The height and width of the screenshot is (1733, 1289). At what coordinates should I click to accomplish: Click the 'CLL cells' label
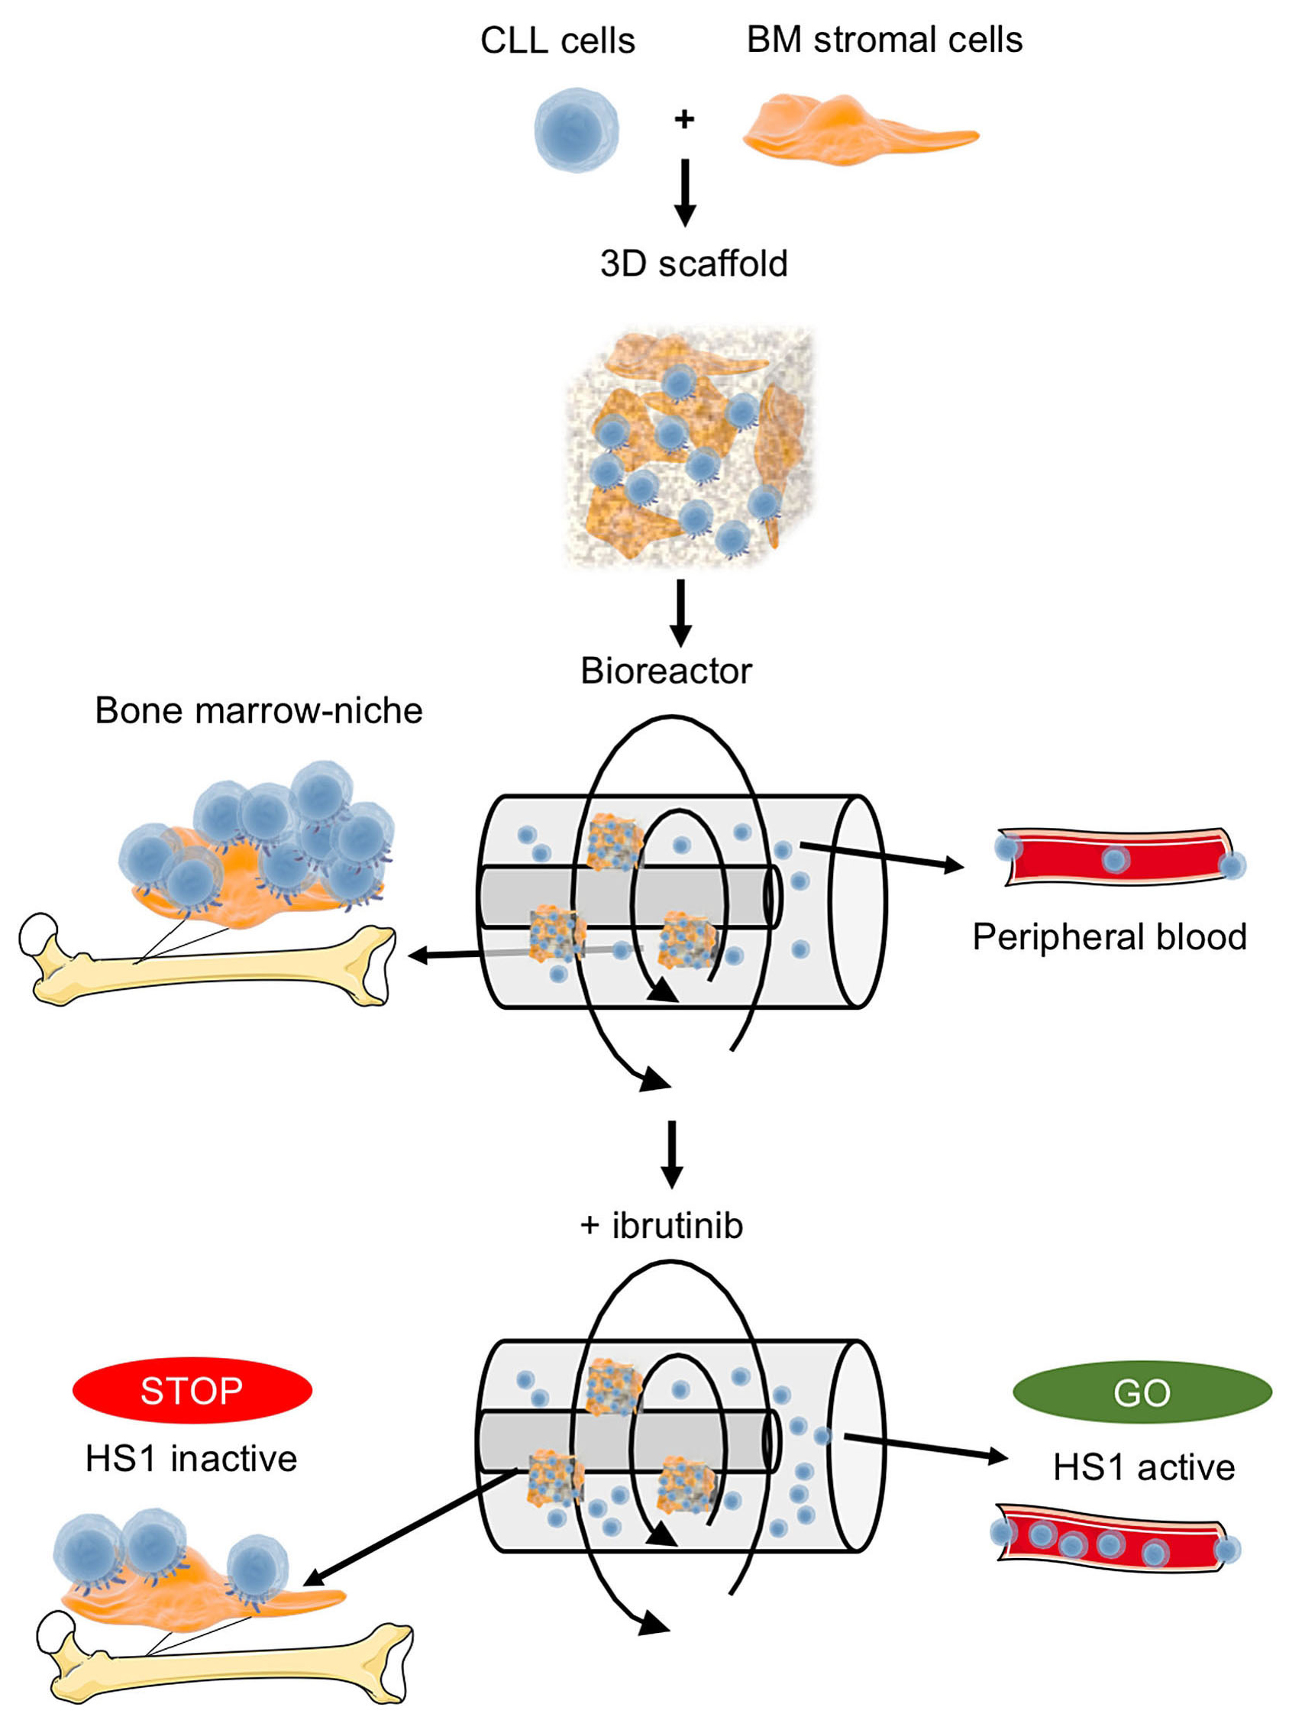[x=557, y=40]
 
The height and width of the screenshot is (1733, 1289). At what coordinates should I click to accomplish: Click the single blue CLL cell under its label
[x=576, y=130]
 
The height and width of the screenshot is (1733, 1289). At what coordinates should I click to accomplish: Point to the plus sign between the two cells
[x=684, y=119]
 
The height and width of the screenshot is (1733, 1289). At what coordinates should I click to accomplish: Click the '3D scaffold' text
[x=693, y=264]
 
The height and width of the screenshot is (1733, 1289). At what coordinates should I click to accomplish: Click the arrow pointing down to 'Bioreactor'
[x=680, y=613]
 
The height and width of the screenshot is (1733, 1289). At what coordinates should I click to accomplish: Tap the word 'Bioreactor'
[x=666, y=671]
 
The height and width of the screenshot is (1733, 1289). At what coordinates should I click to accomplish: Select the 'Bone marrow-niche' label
[x=258, y=711]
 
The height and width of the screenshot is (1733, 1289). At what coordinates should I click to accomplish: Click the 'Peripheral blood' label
[x=1109, y=937]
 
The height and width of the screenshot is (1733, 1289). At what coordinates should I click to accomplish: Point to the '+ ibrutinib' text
[x=661, y=1226]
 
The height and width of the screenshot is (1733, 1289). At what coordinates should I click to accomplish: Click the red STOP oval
[x=192, y=1391]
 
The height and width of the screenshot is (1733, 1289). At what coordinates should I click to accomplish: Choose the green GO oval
[x=1142, y=1393]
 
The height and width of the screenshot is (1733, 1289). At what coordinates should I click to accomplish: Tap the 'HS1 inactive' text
[x=191, y=1459]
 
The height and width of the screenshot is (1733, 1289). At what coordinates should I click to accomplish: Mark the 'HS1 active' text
[x=1143, y=1468]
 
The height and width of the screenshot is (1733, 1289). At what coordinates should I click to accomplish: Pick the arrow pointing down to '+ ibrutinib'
[x=672, y=1154]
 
